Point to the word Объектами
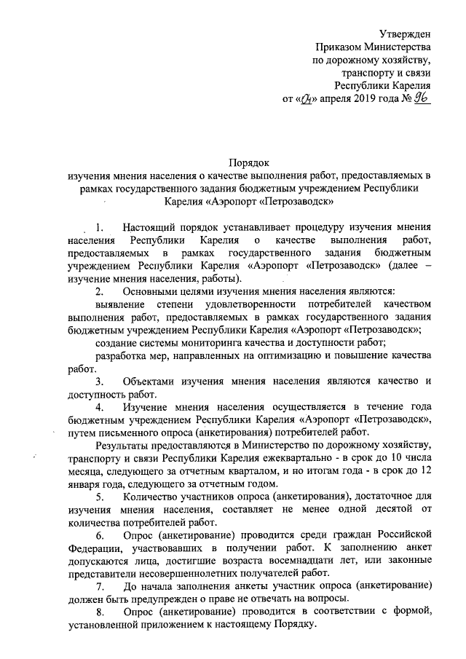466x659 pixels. tap(149, 381)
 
